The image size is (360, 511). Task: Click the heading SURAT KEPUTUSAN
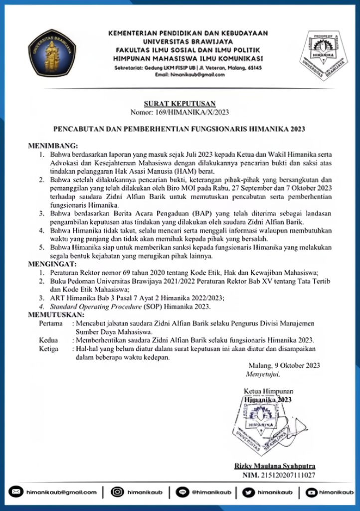[x=180, y=104]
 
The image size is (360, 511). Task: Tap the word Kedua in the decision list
[x=48, y=340]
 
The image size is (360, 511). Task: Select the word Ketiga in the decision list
[x=48, y=348]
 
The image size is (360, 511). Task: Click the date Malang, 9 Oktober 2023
[x=284, y=365]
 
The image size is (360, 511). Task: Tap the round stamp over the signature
[x=259, y=422]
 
